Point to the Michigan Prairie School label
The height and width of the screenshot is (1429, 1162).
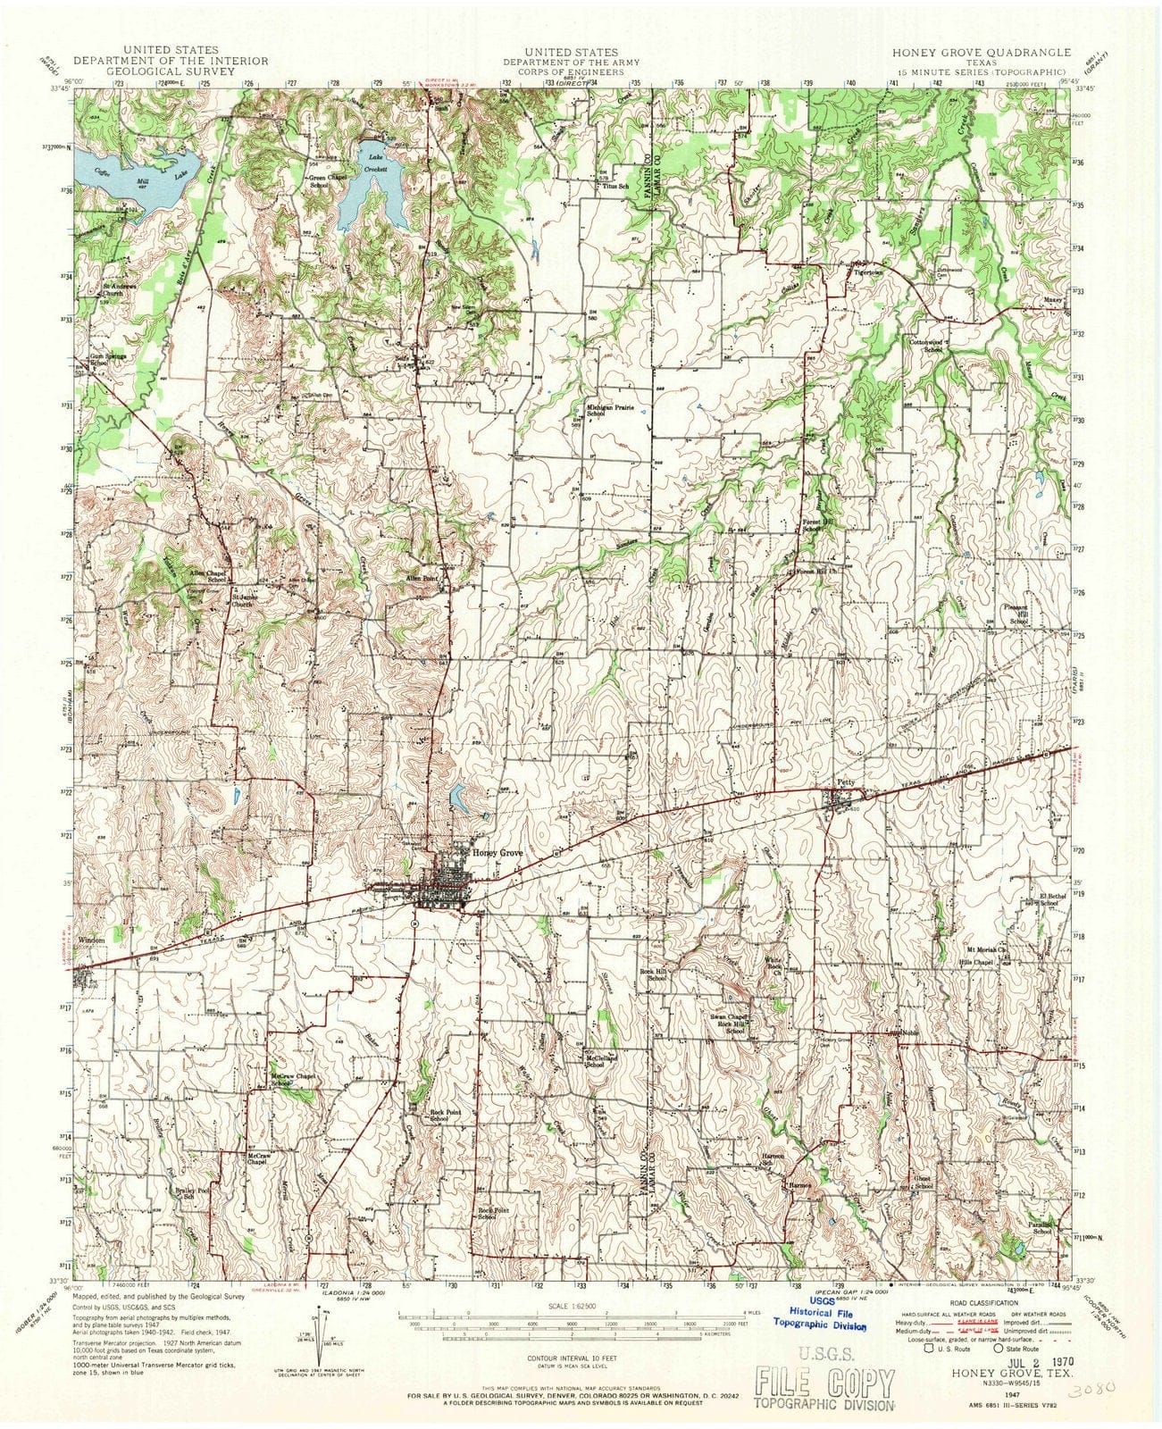610,411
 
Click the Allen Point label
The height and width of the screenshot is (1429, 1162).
435,580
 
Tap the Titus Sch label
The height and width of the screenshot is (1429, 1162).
615,187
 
